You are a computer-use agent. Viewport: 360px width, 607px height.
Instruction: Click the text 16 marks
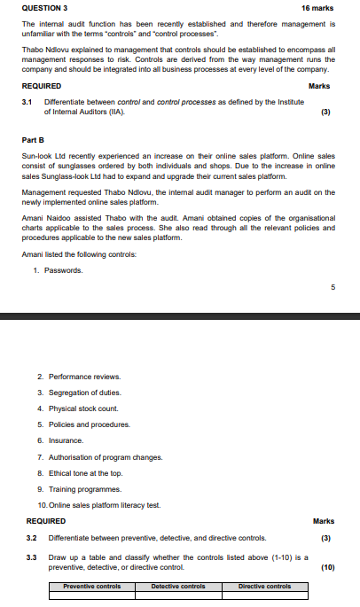pyautogui.click(x=317, y=8)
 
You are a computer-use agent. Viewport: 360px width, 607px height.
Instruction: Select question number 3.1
pyautogui.click(x=27, y=103)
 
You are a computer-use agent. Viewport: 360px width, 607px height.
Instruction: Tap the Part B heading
pyautogui.click(x=34, y=140)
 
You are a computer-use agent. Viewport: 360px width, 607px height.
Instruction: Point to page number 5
pyautogui.click(x=333, y=287)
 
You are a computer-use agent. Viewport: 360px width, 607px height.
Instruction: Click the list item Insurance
pyautogui.click(x=67, y=440)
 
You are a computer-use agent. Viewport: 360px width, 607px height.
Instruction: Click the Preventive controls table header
pyautogui.click(x=91, y=587)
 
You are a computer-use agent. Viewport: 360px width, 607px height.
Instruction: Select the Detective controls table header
pyautogui.click(x=178, y=587)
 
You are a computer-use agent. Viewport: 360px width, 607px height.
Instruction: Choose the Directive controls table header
pyautogui.click(x=264, y=587)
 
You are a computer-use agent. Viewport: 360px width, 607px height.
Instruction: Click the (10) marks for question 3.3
pyautogui.click(x=326, y=568)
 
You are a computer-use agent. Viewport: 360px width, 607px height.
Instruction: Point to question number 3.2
pyautogui.click(x=32, y=538)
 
